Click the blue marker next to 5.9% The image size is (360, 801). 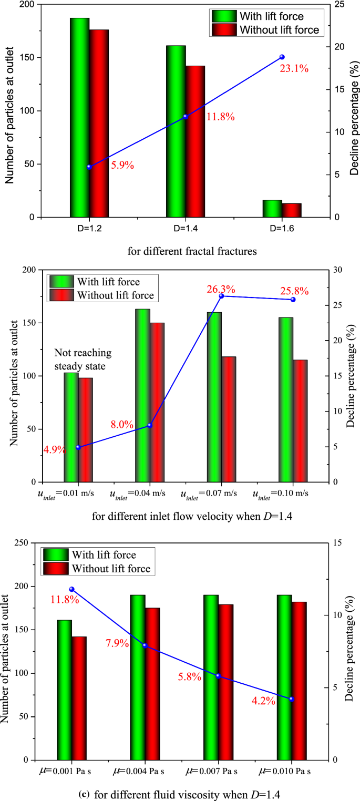click(x=89, y=167)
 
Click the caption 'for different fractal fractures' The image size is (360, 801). click(x=192, y=251)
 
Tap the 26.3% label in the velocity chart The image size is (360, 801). click(x=220, y=290)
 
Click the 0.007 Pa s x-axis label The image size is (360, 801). click(x=212, y=772)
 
